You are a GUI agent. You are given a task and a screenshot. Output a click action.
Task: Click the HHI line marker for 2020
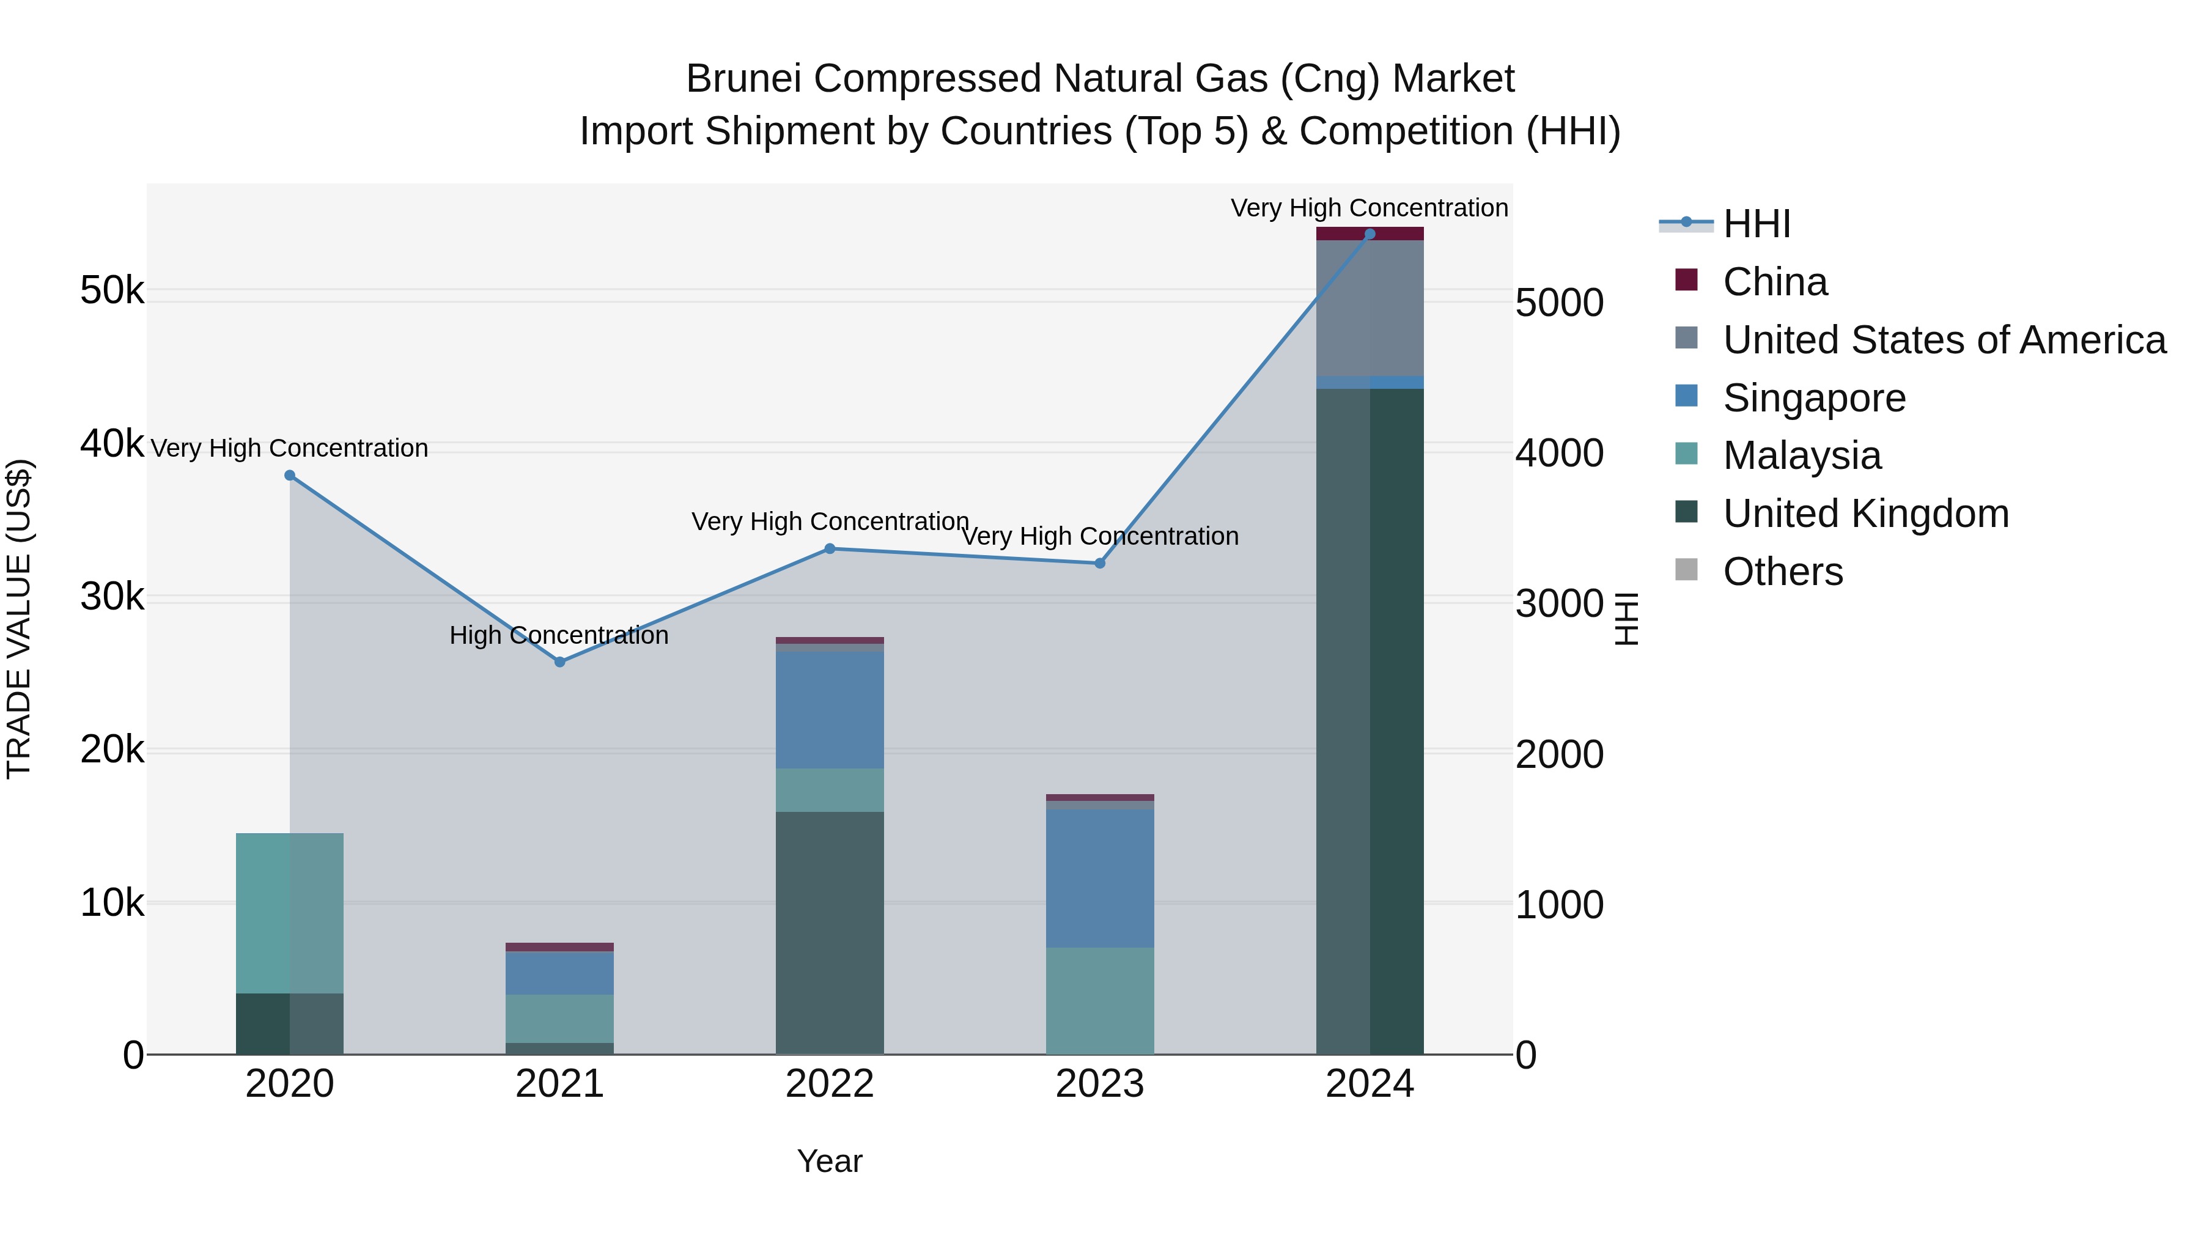click(290, 475)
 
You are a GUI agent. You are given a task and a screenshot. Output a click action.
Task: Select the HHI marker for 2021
click(559, 661)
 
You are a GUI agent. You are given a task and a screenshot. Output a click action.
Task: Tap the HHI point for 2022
click(830, 548)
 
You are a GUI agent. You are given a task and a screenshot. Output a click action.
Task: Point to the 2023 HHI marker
click(1100, 563)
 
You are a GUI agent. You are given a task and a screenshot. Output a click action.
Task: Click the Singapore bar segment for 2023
click(1100, 879)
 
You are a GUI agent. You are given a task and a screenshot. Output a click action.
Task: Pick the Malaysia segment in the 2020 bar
click(290, 913)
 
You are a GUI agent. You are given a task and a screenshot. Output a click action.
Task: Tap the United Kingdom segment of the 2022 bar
click(830, 932)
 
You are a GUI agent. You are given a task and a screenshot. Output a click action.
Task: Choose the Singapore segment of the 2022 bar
click(830, 710)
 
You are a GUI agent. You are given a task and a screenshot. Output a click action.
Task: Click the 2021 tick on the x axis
click(559, 1084)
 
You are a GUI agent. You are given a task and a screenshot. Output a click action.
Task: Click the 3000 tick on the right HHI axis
click(1558, 604)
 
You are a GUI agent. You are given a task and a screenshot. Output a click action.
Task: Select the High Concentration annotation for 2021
click(559, 635)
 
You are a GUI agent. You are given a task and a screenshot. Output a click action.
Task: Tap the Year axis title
click(830, 1161)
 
